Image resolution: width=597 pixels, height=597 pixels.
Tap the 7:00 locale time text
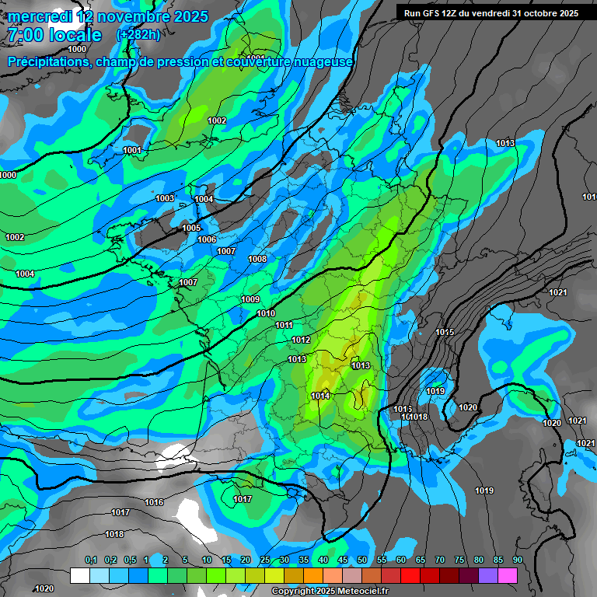point(54,35)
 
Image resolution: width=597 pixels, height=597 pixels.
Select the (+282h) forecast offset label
point(138,35)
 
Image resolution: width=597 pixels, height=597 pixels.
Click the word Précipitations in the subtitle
point(46,61)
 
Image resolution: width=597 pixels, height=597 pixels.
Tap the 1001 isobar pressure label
point(132,150)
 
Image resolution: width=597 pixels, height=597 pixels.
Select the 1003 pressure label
point(165,198)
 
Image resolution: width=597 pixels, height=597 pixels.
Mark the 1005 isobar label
point(191,228)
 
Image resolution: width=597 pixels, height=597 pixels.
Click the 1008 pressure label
point(257,259)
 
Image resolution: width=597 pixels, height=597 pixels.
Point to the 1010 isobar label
point(266,313)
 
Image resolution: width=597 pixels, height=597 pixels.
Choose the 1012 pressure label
point(301,340)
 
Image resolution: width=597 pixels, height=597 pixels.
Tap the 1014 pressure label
point(321,396)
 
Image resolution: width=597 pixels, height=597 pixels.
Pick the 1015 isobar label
point(445,332)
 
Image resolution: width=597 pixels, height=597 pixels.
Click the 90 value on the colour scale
point(517,560)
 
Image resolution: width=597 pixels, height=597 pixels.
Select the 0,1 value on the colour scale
point(91,560)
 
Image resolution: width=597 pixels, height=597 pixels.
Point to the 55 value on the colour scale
point(381,560)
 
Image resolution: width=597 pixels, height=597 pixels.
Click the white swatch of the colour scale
point(79,575)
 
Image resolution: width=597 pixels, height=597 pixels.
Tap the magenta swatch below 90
point(508,575)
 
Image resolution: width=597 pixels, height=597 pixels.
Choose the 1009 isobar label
point(250,299)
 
